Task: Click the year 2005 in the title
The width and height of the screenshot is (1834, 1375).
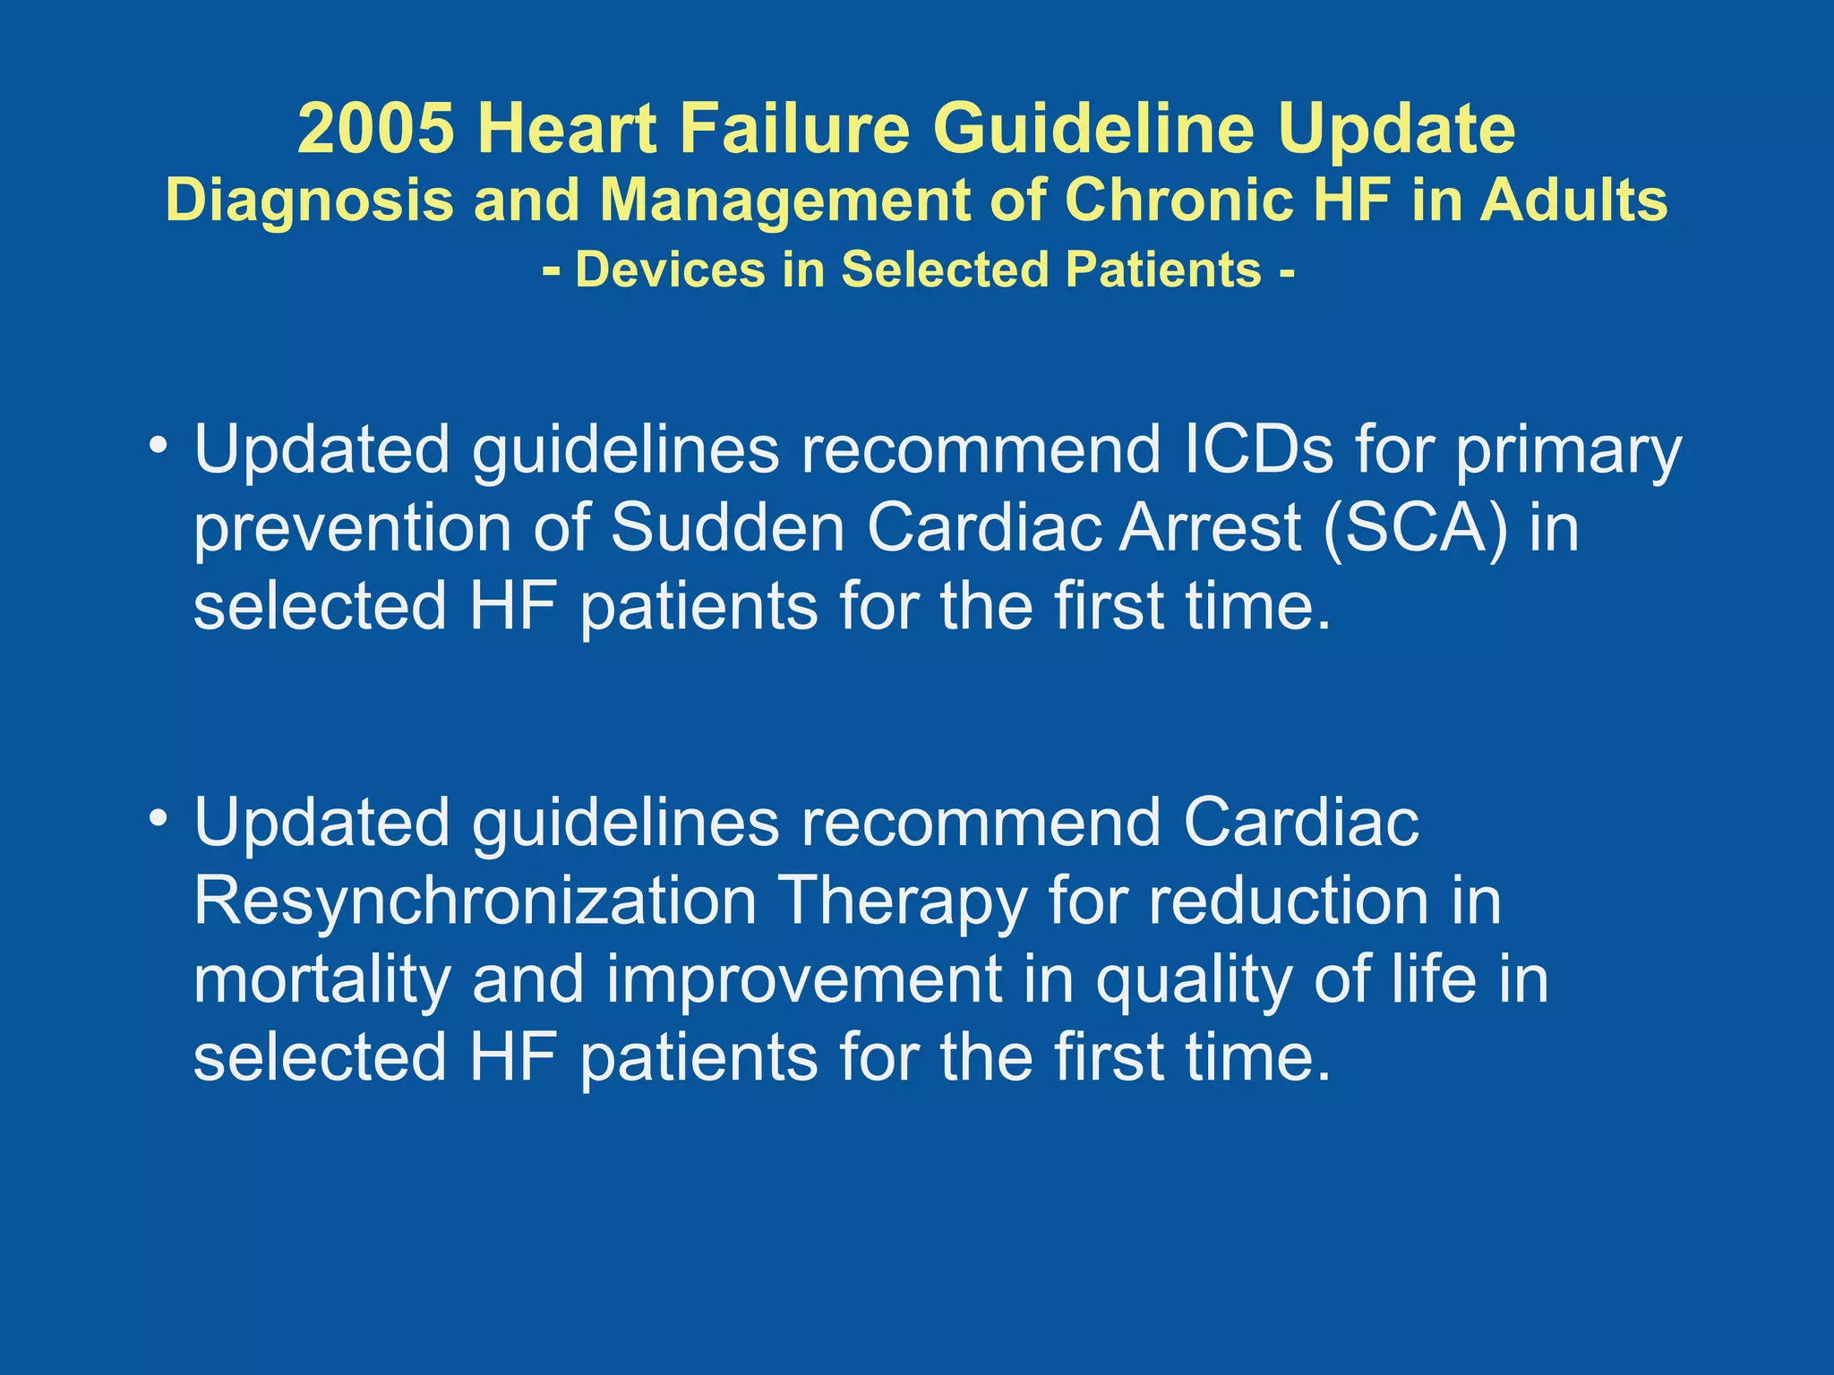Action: (x=375, y=128)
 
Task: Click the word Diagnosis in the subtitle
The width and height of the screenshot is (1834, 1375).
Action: (x=310, y=199)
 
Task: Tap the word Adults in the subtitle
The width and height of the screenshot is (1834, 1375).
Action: (x=1573, y=199)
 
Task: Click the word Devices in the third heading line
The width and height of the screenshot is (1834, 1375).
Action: (x=670, y=269)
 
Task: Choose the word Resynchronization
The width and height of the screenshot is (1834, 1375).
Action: (x=475, y=901)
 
